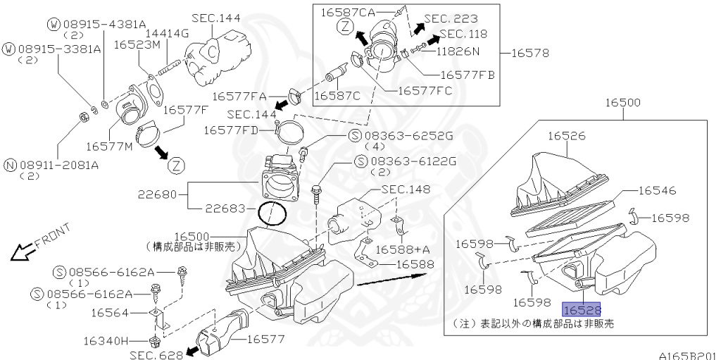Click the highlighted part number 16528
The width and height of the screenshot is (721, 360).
[581, 309]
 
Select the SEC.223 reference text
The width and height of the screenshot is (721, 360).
[451, 18]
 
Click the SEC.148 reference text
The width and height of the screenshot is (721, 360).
[406, 189]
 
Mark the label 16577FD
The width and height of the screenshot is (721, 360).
[231, 130]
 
